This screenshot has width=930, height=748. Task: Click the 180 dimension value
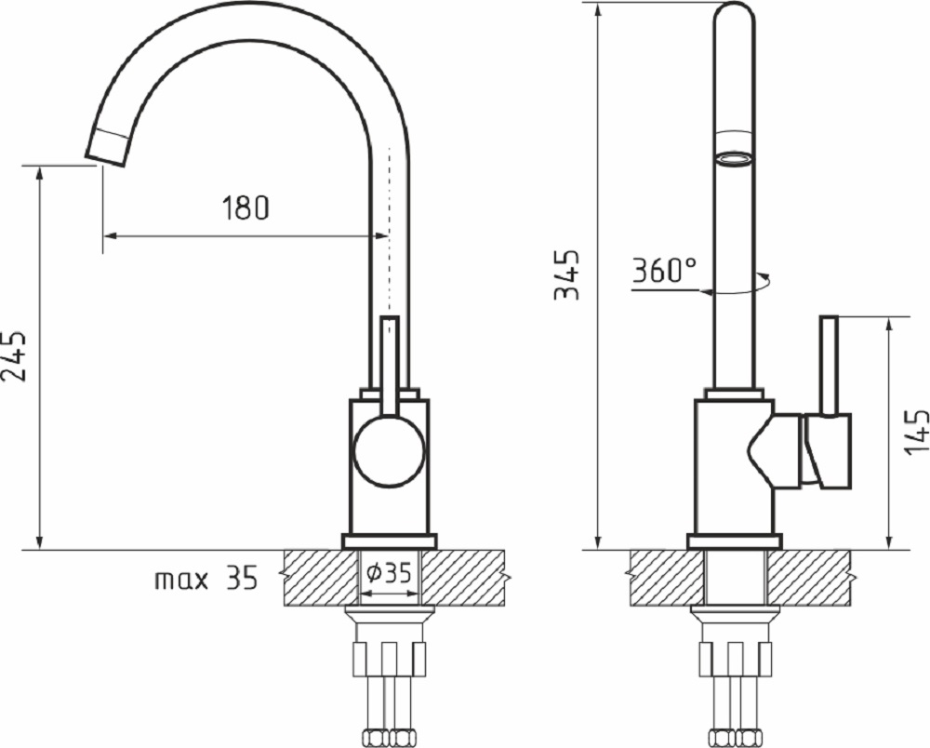246,207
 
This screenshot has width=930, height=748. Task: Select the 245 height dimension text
14,355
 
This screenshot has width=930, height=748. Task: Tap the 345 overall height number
566,274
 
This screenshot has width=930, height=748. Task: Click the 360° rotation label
664,271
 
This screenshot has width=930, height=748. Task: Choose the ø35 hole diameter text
389,572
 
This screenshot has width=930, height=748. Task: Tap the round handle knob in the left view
389,451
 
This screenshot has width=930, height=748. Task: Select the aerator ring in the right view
735,159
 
